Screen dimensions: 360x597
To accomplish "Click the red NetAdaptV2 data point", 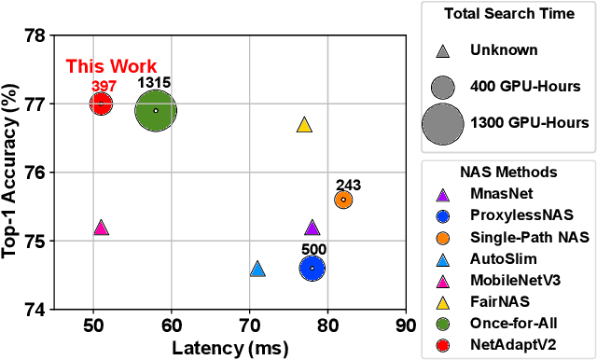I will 101,104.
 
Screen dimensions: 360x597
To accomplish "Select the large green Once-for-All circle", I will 156,110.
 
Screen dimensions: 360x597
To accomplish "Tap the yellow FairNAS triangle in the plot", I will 304,124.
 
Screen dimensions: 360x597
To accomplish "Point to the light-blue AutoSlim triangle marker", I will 257,270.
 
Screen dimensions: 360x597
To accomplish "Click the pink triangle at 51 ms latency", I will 101,228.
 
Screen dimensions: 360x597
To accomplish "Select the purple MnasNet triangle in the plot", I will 312,228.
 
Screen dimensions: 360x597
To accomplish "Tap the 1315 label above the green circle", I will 154,83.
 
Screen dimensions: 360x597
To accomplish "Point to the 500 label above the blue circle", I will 312,250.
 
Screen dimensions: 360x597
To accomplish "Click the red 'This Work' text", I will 104,67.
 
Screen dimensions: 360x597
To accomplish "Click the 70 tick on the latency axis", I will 249,325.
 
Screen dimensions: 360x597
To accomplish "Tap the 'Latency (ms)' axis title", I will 229,347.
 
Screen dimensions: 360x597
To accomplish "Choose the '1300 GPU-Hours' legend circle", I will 443,122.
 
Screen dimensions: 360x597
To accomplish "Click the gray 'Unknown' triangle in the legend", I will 443,52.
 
